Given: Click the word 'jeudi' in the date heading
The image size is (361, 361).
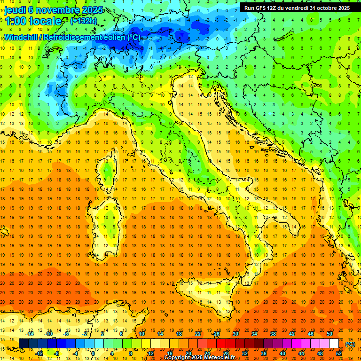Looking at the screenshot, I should pos(16,9).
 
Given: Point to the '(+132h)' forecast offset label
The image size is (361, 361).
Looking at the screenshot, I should pos(84,21).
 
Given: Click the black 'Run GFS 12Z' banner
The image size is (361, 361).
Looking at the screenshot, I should pos(297,8).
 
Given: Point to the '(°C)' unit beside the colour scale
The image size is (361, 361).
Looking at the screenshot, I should pos(350,344).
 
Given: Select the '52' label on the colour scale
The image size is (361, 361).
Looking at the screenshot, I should pos(338,353).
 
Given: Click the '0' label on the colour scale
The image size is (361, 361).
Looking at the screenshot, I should pos(93,353).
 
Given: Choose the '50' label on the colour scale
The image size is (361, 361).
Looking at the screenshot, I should pos(329,334).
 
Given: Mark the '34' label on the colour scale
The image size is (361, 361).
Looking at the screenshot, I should pos(254,334).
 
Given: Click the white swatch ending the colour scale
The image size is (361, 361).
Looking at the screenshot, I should pos(334,344).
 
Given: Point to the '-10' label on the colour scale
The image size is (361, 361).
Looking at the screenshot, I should pos(48,334).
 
